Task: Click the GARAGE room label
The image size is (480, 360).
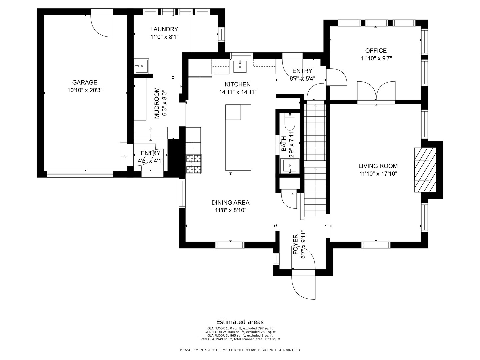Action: pos(85,82)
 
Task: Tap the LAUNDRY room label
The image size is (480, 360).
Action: pos(164,29)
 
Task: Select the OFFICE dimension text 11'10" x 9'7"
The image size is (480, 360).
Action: pos(376,58)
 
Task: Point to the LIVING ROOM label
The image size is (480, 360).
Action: pos(378,166)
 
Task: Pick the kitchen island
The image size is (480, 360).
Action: pos(238,137)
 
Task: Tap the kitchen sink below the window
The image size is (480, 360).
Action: pos(240,66)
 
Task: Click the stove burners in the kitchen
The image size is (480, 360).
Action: pos(194,164)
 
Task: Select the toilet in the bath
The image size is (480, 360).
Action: pos(290,121)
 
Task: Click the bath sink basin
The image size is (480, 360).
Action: pos(290,166)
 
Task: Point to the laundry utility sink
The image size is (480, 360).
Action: pos(141,66)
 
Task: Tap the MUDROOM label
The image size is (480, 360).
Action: pos(157,103)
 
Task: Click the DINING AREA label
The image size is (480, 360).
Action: pos(230,203)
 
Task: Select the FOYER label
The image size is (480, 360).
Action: pos(295,244)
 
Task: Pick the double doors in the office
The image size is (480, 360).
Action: pos(376,91)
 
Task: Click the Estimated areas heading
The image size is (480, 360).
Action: pos(240,322)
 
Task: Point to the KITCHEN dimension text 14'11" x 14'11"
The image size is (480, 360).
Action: pos(238,92)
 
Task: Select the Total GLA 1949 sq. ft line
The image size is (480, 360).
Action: pos(240,339)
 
